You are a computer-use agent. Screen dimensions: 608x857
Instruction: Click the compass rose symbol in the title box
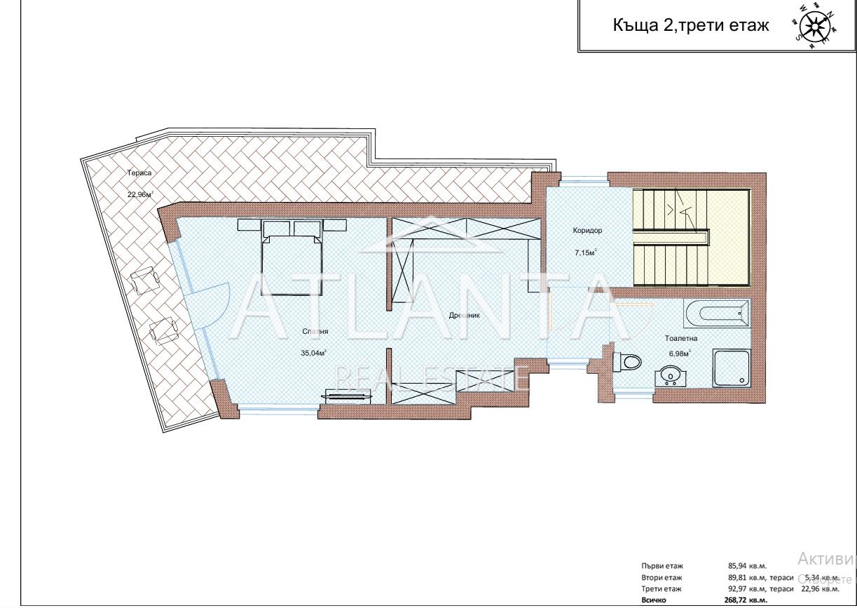point(814,26)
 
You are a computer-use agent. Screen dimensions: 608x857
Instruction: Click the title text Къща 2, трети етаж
point(691,26)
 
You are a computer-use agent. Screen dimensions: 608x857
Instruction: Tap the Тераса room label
point(139,173)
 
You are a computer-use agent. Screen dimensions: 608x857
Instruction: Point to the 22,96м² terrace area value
point(140,194)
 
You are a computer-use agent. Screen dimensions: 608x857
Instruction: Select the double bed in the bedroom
point(292,264)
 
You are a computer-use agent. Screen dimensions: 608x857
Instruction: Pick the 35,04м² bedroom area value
point(315,353)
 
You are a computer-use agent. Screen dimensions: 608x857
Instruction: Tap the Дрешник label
point(464,316)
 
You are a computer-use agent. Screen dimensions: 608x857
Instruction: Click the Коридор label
point(587,230)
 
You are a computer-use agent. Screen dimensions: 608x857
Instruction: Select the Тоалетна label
point(680,338)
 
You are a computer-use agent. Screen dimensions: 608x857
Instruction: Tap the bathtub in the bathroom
point(715,312)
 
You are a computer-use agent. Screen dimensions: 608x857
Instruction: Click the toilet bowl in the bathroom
point(628,362)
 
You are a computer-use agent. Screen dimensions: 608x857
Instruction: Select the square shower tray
point(731,369)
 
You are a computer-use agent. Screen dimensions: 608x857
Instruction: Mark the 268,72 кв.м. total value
point(748,600)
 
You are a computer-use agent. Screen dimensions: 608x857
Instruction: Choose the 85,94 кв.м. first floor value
point(748,565)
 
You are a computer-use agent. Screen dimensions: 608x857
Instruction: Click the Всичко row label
point(654,600)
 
